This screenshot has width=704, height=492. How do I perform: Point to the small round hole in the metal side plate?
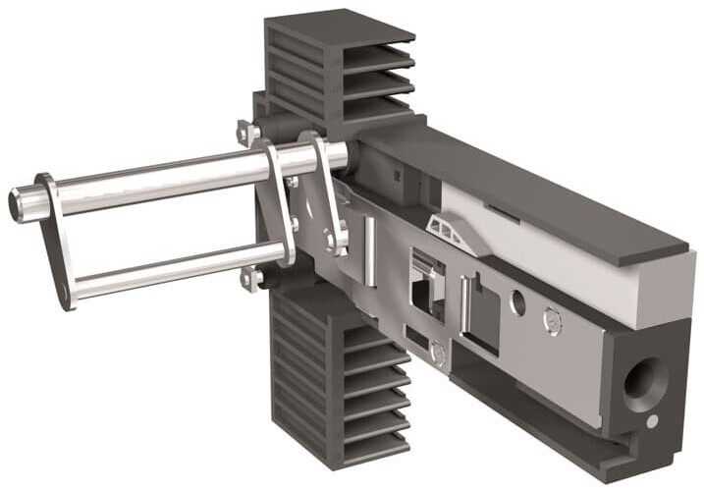[517, 302]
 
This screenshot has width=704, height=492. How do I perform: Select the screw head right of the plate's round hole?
[553, 321]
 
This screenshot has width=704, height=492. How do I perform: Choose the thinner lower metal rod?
[167, 269]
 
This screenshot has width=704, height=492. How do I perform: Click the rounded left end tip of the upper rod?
[18, 203]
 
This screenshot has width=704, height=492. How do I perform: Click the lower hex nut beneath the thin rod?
[251, 280]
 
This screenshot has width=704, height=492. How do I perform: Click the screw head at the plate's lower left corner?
[438, 356]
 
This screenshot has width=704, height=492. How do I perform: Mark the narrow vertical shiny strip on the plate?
[370, 250]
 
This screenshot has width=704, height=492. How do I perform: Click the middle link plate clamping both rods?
[275, 201]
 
